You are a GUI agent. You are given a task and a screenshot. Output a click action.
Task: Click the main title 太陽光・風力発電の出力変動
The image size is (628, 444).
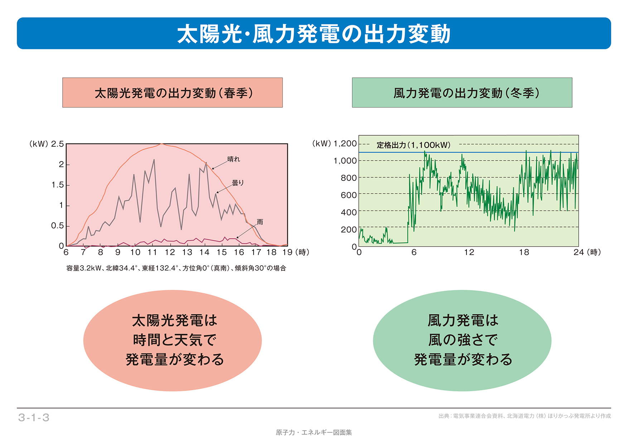coord(314,34)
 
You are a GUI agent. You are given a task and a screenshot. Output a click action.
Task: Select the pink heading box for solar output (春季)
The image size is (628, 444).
coord(173,93)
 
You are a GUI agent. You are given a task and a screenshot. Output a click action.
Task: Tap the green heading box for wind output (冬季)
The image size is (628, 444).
coord(462,93)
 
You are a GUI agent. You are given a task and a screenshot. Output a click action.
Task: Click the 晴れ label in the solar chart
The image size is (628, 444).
coord(234,159)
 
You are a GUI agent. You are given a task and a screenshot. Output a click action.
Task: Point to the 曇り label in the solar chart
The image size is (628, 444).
coord(238,183)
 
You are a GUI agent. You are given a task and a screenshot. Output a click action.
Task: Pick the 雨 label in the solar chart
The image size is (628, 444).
coord(260,222)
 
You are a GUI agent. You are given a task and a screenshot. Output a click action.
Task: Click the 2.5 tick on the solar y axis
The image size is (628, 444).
coord(57,144)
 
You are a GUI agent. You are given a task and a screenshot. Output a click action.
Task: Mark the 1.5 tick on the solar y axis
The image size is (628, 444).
coord(57,185)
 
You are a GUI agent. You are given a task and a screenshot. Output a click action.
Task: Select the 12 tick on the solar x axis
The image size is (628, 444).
coord(170,252)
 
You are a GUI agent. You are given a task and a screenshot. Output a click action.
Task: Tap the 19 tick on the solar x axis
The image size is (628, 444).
coord(287,252)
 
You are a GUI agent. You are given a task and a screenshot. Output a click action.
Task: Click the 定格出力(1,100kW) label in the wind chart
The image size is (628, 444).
coord(414,145)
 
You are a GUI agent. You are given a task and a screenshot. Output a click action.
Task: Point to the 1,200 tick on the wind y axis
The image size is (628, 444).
coord(345,144)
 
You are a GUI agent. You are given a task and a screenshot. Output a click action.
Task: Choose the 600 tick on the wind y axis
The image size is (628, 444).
coord(349,195)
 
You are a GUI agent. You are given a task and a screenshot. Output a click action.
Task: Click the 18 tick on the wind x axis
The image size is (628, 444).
coord(524,252)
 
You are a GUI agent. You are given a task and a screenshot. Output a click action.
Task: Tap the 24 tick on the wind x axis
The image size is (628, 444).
coord(579,252)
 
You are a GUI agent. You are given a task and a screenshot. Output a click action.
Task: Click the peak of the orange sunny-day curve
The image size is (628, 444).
coord(162,144)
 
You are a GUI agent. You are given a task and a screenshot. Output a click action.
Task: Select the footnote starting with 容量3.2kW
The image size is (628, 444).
coord(176,268)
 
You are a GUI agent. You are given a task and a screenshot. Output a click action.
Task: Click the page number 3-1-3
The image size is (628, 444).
coord(34,418)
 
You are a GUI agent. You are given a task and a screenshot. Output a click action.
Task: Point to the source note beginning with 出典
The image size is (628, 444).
coord(525,416)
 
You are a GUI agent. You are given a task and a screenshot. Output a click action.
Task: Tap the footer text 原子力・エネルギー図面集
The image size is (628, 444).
coord(314,433)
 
